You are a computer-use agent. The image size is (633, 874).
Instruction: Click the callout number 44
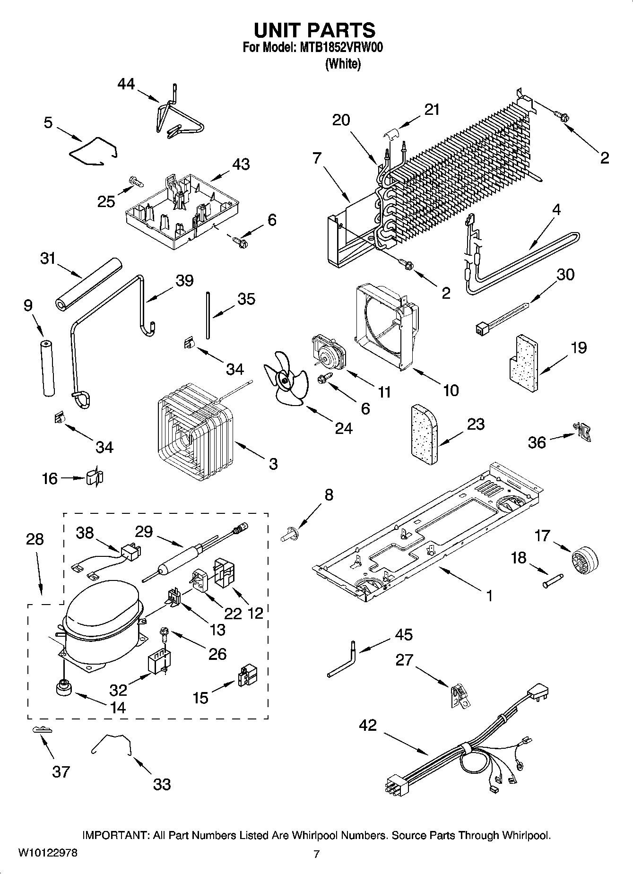point(126,85)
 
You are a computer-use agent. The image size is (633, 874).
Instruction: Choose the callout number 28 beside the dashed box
point(35,539)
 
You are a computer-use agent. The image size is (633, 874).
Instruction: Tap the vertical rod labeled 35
point(207,315)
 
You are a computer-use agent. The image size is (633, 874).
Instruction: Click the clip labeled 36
point(582,432)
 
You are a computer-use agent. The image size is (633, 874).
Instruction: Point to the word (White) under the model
point(343,64)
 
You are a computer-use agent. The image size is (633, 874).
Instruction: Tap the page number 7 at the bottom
point(316,854)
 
